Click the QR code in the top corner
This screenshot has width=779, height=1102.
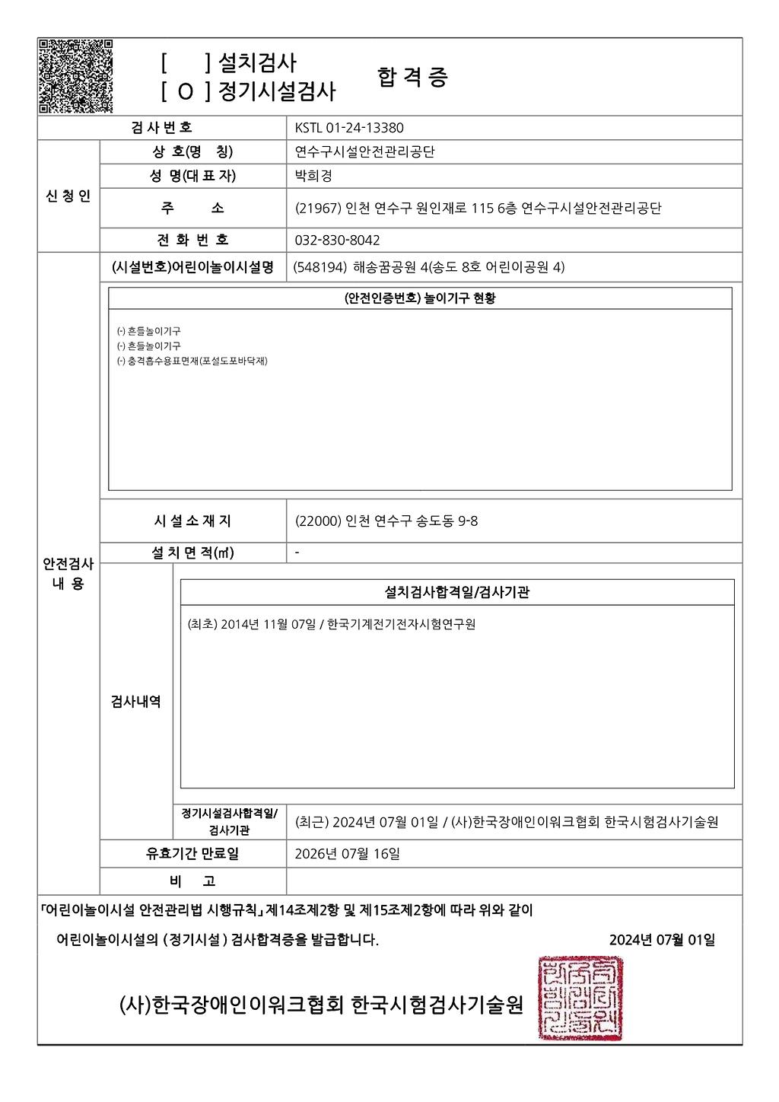point(75,75)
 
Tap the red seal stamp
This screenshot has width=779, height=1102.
point(580,998)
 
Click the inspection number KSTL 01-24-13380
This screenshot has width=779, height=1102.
point(348,128)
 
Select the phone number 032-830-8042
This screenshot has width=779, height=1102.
point(337,240)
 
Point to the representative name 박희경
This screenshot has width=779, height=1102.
point(313,176)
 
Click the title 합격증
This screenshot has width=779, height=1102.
point(412,78)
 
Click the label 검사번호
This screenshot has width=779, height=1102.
point(161,128)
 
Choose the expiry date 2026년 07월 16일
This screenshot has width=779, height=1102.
point(347,854)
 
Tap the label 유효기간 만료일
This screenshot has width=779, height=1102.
point(192,854)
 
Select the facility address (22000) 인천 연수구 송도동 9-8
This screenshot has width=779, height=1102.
point(386,521)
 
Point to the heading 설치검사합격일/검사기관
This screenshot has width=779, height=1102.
point(456,592)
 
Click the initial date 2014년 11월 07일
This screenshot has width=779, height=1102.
point(267,625)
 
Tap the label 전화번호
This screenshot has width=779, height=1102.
point(192,240)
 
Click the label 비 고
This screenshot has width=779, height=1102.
point(192,881)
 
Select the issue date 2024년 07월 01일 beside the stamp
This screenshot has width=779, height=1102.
point(662,940)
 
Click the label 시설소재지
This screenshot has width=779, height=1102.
point(192,521)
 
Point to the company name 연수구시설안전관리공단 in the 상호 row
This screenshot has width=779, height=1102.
point(364,152)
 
